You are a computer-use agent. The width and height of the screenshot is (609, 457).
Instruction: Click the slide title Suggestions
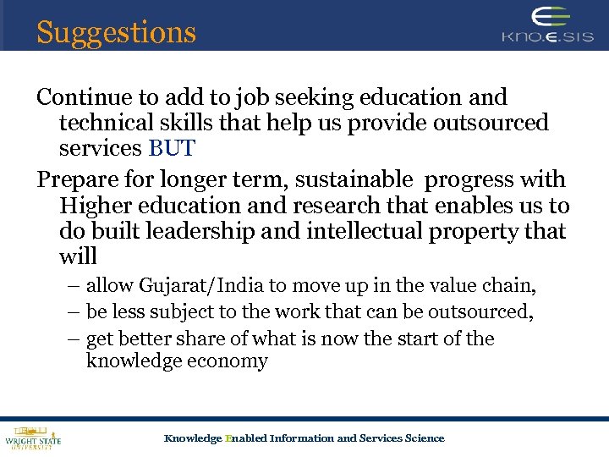[x=116, y=32]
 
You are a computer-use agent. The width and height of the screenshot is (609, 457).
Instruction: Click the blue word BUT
[x=172, y=149]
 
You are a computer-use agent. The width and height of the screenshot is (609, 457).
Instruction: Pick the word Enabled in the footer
[x=245, y=438]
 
